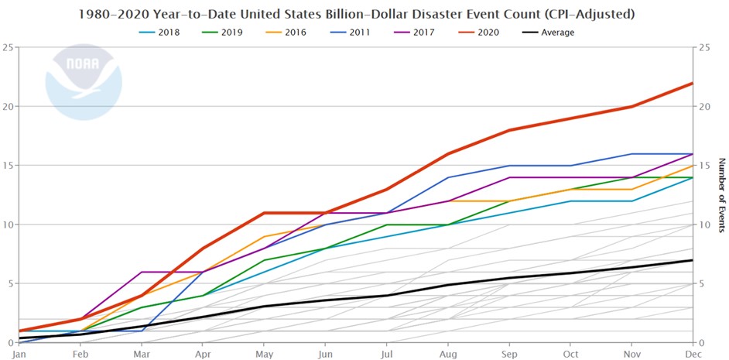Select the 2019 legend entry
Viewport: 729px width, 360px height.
point(223,33)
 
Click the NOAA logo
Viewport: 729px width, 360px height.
point(83,85)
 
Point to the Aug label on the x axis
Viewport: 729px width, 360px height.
point(450,354)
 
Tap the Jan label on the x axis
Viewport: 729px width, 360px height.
point(19,354)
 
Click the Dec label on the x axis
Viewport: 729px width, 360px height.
point(692,354)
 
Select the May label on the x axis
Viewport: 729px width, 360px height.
point(265,354)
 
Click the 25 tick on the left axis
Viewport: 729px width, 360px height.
point(7,47)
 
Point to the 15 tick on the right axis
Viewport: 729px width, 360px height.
point(703,166)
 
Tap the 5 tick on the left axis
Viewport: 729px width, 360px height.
point(7,284)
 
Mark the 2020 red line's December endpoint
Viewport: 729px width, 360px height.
point(692,83)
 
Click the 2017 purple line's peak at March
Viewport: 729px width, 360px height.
point(142,272)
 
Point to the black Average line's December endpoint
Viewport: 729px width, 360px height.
point(692,260)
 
